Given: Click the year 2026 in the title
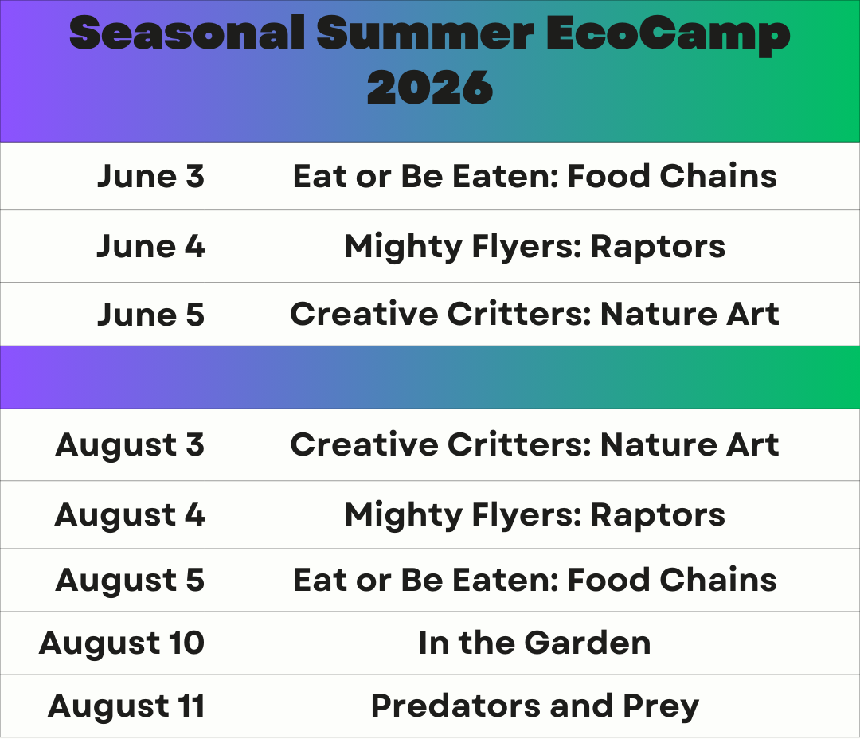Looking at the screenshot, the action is tap(430, 88).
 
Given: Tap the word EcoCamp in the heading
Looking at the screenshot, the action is tap(668, 35).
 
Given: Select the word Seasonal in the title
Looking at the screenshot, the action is tap(187, 33).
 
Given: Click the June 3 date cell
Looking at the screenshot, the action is tap(150, 176).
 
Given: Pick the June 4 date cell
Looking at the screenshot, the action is tap(150, 246).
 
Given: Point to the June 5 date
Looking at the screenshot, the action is tap(150, 315).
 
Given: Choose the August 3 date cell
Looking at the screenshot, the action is tap(130, 444).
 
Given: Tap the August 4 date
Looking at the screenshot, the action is tap(130, 514).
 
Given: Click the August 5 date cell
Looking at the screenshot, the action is tap(130, 580).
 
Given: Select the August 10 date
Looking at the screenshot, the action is tap(122, 643).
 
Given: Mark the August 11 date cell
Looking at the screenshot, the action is tap(126, 706).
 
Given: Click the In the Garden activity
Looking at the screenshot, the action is tap(535, 643).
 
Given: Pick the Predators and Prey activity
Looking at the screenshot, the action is tap(535, 706).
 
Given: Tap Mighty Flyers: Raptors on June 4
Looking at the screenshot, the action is tap(535, 246).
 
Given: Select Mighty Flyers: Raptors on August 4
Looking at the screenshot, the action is tap(535, 514).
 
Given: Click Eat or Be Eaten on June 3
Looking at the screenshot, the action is tap(425, 176).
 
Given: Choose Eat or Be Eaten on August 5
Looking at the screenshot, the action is tap(425, 580).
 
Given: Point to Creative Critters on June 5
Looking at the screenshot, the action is tap(440, 314).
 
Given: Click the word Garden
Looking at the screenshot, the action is tap(588, 643).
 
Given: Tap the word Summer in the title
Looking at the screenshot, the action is tap(425, 33).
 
